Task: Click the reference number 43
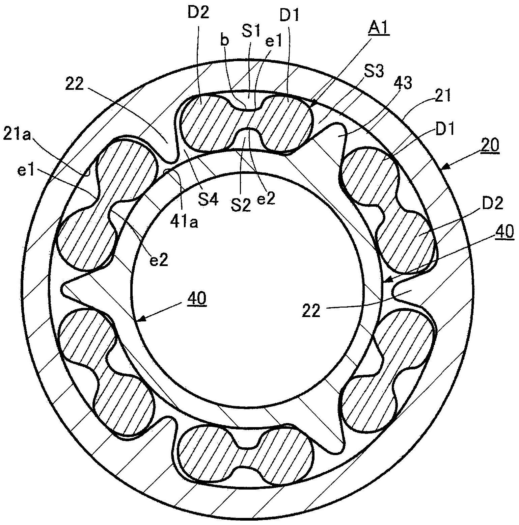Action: (x=403, y=83)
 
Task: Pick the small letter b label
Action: (x=224, y=41)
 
